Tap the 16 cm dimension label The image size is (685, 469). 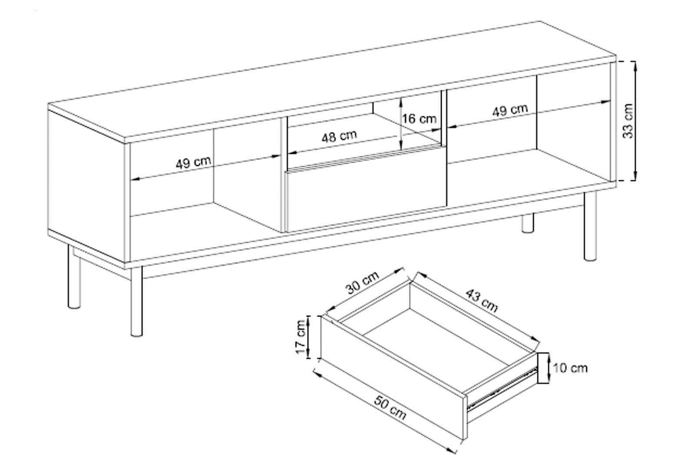click(419, 119)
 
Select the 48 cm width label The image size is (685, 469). click(339, 136)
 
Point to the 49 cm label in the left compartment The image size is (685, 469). click(193, 162)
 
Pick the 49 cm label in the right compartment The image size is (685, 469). click(510, 110)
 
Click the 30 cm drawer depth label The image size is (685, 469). click(362, 283)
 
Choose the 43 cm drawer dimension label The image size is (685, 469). click(482, 301)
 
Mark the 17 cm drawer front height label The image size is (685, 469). click(301, 337)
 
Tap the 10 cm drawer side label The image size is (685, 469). click(570, 368)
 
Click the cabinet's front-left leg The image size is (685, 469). click(136, 301)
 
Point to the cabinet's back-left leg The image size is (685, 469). click(74, 277)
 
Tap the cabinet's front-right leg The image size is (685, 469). click(590, 226)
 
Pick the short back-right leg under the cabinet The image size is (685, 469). click(527, 223)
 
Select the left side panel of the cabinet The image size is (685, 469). click(86, 186)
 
